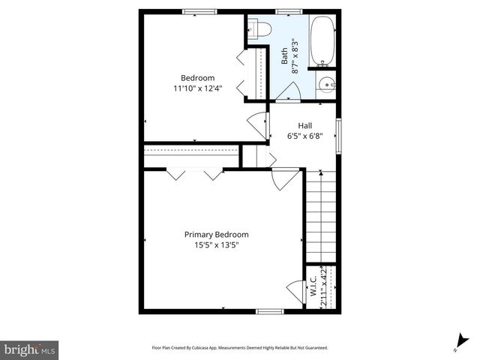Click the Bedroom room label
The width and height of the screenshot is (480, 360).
click(x=197, y=78)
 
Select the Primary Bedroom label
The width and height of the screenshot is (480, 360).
click(x=216, y=235)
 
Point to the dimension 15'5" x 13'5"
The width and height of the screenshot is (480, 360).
click(x=216, y=245)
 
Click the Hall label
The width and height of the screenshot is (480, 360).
click(x=304, y=126)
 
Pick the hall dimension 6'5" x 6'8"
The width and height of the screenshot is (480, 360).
click(x=304, y=136)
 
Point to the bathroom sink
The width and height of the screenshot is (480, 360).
click(x=325, y=83)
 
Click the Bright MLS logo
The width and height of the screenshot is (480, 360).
click(x=29, y=349)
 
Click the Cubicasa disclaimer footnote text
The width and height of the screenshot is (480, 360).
click(x=240, y=348)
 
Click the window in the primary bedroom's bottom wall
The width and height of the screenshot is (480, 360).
click(x=269, y=311)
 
